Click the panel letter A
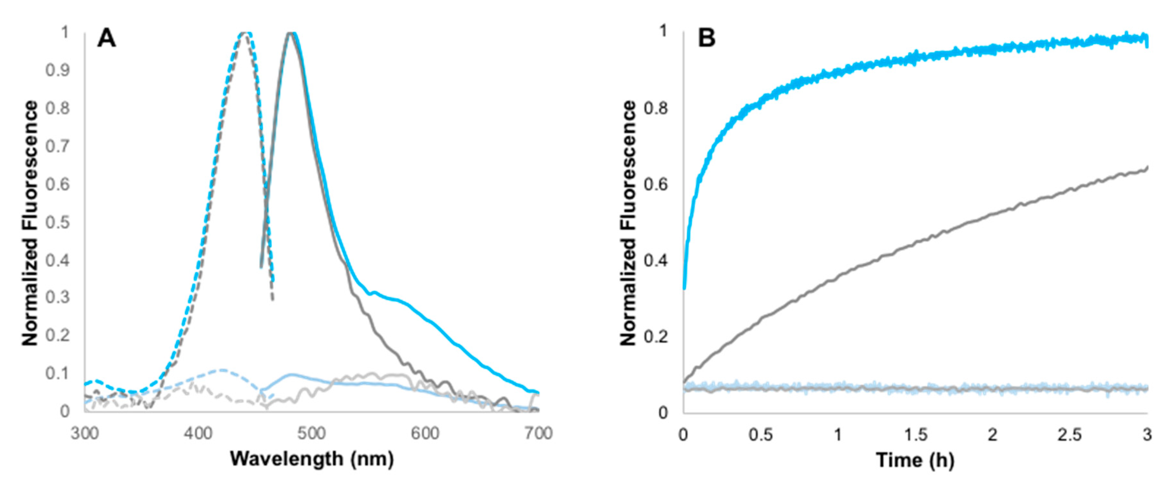(x=107, y=38)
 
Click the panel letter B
(x=707, y=38)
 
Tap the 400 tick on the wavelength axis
(x=198, y=433)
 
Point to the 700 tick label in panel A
(x=538, y=433)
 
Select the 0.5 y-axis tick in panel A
(x=58, y=223)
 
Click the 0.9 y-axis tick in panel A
(x=58, y=70)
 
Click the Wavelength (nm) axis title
(x=312, y=459)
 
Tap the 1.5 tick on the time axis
(x=915, y=435)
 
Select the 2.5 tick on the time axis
(x=1069, y=435)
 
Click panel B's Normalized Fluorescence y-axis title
(x=628, y=223)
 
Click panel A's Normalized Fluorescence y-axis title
(x=30, y=223)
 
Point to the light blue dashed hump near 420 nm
(x=221, y=370)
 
